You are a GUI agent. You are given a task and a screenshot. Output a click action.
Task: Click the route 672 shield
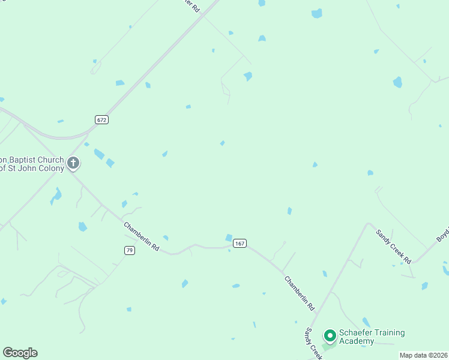101,120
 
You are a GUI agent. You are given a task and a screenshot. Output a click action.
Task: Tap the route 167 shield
240,243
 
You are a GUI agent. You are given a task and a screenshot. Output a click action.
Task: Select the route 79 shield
129,250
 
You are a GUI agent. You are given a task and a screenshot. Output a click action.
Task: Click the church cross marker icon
73,163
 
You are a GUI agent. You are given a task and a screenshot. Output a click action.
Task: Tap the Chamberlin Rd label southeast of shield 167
300,293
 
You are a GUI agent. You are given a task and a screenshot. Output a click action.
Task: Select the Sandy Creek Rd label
394,247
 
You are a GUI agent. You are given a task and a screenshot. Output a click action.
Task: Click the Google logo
20,353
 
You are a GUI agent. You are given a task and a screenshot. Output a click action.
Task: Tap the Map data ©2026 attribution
423,355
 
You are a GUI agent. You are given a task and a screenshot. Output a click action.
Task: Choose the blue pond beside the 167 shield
229,238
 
